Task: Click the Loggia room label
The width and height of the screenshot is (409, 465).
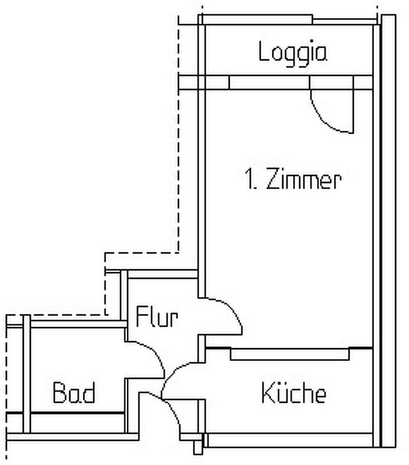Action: pos(293,53)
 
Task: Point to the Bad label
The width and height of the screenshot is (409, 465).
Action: pos(74,392)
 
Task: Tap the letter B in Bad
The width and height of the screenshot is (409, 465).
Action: pos(59,392)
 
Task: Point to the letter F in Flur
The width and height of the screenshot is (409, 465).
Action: pos(141,316)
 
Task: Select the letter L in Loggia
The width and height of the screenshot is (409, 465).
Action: pos(263,51)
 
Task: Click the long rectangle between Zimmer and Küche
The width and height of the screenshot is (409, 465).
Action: pos(290,355)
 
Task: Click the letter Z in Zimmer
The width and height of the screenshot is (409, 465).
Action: pos(273,178)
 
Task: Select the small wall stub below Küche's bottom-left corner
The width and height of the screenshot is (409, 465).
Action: pos(198,448)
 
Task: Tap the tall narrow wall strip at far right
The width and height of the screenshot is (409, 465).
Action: pos(389,231)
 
